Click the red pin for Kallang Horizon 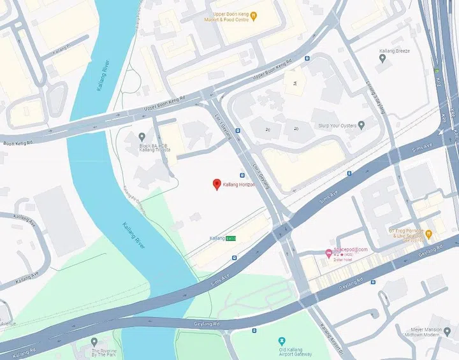217,184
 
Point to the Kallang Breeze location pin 382,59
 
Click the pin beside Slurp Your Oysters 361,126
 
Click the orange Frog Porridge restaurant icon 428,234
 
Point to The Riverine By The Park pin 94,342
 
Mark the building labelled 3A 295,83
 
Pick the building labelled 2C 268,129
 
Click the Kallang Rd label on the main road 22,352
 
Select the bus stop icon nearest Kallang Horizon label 242,175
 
